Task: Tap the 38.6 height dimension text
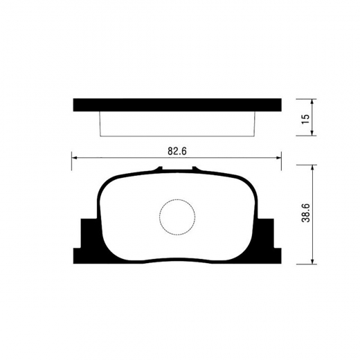305,215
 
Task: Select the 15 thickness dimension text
305,117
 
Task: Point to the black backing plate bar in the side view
177,105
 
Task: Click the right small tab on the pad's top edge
195,169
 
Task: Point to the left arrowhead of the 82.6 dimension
75,159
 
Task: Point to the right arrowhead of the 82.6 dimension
280,159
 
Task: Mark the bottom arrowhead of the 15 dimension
316,133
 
